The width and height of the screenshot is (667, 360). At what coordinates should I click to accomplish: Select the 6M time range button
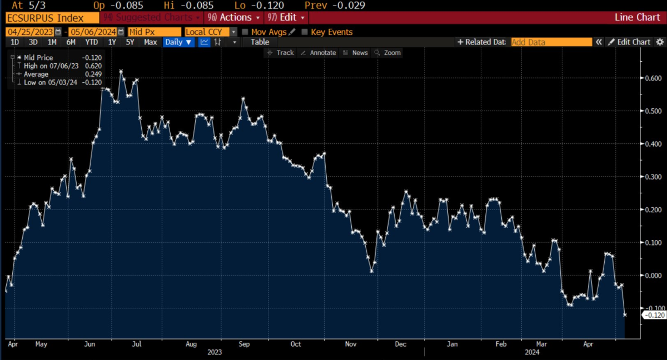pyautogui.click(x=71, y=42)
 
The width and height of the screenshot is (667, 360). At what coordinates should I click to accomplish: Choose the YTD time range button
pyautogui.click(x=91, y=42)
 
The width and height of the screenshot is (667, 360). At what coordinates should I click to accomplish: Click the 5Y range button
pyautogui.click(x=130, y=42)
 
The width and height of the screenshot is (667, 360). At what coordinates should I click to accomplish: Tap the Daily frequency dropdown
pyautogui.click(x=178, y=42)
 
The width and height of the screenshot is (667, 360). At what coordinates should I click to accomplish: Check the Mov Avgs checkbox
pyautogui.click(x=245, y=32)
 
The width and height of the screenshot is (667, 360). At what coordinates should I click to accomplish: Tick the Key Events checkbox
pyautogui.click(x=304, y=32)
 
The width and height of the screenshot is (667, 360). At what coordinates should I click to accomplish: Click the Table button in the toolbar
pyautogui.click(x=260, y=42)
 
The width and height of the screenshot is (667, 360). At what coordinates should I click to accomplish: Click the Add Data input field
pyautogui.click(x=551, y=42)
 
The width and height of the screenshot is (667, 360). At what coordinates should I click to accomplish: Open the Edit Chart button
pyautogui.click(x=629, y=42)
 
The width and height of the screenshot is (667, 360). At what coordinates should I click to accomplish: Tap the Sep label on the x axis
pyautogui.click(x=243, y=344)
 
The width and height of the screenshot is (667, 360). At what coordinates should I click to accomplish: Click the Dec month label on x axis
pyautogui.click(x=400, y=344)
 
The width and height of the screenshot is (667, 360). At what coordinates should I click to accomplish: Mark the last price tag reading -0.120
pyautogui.click(x=653, y=315)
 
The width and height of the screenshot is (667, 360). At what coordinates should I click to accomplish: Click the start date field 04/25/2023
pyautogui.click(x=31, y=32)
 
